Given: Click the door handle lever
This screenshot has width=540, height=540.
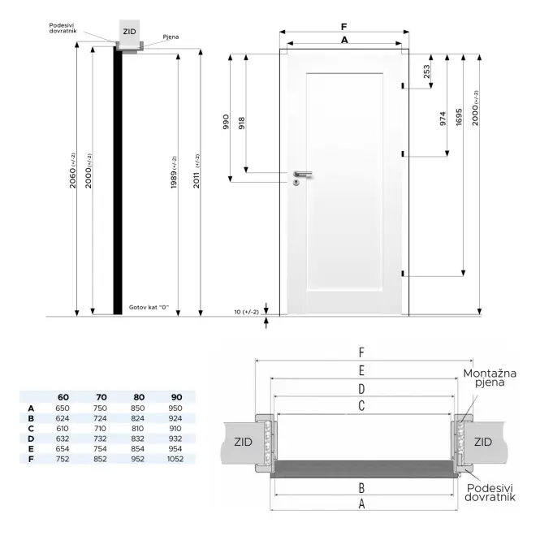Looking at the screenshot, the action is pos(303,174).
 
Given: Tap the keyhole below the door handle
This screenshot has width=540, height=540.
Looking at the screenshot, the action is pos(296,182).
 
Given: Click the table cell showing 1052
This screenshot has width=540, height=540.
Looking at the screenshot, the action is pos(175,459).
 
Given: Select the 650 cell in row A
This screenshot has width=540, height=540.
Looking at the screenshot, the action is pos(63,408).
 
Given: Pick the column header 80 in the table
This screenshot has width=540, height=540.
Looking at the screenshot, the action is pos(139,397).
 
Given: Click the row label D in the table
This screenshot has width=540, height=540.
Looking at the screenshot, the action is pos(31,438).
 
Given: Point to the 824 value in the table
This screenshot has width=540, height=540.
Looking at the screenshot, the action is pos(137,418).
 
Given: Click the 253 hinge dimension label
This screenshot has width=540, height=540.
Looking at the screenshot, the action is pos(426,71).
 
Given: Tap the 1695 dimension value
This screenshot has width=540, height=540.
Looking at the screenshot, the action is pos(459,117).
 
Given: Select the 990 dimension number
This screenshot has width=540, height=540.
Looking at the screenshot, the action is pos(226,122).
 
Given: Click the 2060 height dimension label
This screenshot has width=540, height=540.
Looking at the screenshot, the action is pos(72,171).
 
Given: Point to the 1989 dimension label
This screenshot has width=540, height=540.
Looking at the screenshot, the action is pos(174,172).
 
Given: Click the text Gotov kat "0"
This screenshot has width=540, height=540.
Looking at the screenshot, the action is pos(149,307).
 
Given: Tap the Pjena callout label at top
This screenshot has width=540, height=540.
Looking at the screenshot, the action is pos(171,37).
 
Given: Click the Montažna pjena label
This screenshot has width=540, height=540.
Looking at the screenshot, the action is pos(490,378).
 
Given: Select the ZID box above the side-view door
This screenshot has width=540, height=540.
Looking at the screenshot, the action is pos(129,32).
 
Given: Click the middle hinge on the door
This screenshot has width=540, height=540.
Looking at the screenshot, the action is pos(403,154).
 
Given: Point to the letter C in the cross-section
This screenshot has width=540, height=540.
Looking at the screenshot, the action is pos(361,406).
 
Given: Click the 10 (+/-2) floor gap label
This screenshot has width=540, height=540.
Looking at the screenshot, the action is pos(246,312).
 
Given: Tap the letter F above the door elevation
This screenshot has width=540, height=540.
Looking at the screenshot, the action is pos(343,27).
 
